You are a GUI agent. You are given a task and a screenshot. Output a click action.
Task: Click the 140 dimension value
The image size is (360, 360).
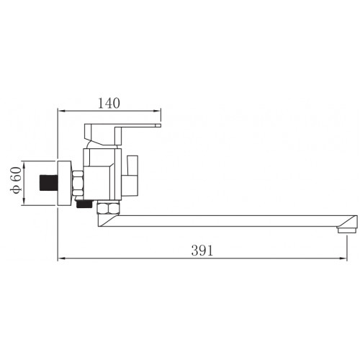109,104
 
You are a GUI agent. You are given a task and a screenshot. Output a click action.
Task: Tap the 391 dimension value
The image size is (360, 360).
202,251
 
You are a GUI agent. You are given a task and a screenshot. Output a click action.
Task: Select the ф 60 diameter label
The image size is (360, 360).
16,180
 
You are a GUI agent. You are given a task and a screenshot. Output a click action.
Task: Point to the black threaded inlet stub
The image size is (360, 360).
49,183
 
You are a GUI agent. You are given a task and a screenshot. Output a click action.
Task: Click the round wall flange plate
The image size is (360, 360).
65,183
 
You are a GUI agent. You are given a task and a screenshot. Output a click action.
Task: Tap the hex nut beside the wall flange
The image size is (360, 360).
78,183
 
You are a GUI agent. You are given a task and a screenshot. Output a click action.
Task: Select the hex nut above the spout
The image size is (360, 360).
108,208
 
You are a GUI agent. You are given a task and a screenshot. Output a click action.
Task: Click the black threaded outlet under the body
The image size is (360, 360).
84,204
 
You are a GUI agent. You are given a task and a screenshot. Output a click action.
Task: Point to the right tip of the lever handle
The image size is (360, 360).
161,125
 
